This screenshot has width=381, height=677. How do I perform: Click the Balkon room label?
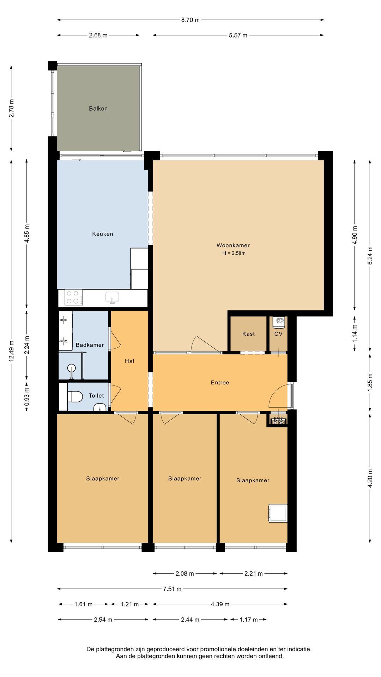98,109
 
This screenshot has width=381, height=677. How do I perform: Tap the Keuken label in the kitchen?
103,234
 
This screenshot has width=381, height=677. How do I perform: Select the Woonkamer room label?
233,245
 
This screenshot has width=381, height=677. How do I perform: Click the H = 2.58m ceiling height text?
234,253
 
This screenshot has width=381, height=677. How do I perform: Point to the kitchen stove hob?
74,297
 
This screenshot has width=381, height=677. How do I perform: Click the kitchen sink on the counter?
112,297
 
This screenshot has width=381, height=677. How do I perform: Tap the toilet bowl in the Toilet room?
74,397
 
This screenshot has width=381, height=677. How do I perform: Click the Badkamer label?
90,345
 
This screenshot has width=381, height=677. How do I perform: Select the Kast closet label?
249,334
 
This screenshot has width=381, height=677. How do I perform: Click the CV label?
278,334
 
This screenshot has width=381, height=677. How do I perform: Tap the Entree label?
220,383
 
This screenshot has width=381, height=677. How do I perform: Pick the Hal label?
129,361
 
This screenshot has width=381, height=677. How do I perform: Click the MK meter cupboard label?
279,419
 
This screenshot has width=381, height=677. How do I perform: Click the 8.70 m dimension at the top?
190,20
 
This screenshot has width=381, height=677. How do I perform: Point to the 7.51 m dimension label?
172,589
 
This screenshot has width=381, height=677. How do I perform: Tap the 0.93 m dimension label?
27,397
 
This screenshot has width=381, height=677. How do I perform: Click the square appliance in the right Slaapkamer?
278,513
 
